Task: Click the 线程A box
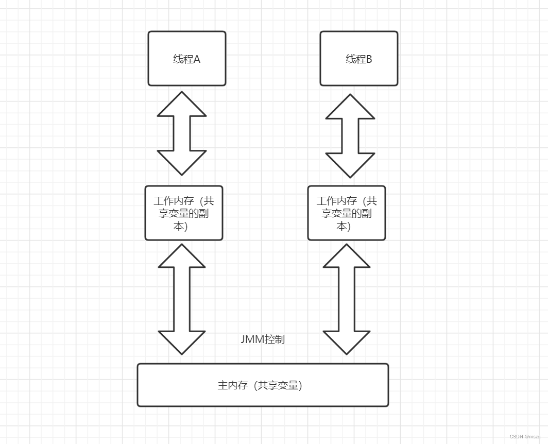186,58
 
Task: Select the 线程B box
358,58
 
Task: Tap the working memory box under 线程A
183,213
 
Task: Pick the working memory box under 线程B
346,213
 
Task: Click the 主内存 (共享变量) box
263,385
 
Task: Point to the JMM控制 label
263,339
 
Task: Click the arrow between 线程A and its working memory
182,133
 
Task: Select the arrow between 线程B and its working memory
350,135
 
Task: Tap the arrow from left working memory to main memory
182,299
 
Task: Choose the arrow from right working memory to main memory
347,299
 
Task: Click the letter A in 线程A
196,59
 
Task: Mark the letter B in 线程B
368,59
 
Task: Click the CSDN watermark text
525,436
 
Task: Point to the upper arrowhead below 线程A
182,105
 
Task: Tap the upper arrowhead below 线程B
350,107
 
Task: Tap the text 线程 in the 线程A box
182,59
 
